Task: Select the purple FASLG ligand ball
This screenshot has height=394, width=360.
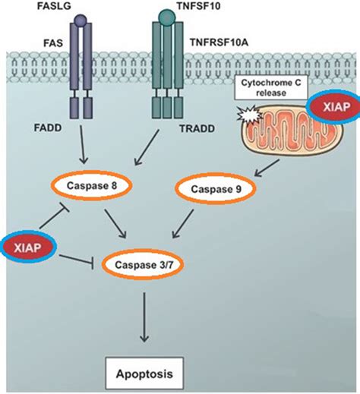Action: pyautogui.click(x=82, y=15)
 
